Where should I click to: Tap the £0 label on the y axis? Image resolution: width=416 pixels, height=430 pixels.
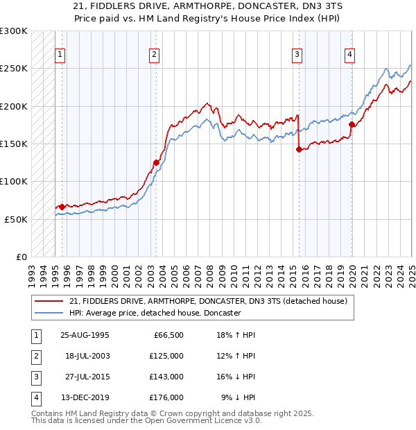click(x=21, y=257)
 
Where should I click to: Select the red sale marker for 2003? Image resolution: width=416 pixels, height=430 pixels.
click(x=156, y=162)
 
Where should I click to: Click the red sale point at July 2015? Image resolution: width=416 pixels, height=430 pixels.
click(x=299, y=149)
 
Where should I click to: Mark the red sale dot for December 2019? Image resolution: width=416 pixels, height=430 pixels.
click(x=352, y=125)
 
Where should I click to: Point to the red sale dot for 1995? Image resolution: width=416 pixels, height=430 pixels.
click(x=62, y=207)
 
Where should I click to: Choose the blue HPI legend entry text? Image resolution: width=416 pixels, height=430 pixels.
click(x=154, y=313)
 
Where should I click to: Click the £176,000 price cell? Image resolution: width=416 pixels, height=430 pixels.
click(x=166, y=397)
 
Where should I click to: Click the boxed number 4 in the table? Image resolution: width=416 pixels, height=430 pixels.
click(x=34, y=397)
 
